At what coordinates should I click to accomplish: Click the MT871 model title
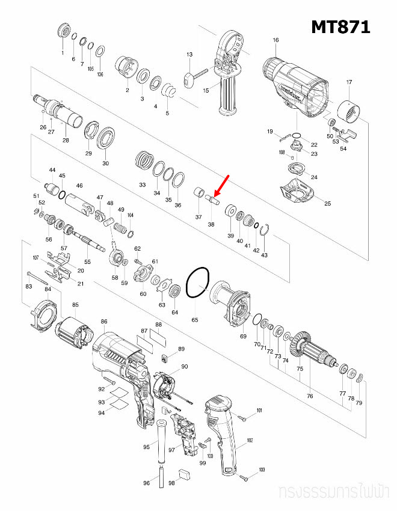pos(340,27)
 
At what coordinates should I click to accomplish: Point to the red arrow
pos(222,186)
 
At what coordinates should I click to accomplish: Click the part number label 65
pos(195,320)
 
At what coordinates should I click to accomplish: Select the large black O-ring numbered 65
pos(197,283)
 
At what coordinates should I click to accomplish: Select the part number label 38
pos(211,224)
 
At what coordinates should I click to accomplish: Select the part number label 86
pos(104,322)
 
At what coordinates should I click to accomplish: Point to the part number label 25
pos(328,204)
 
